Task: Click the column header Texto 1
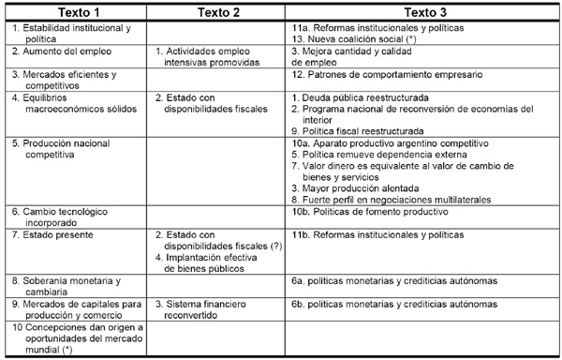pyautogui.click(x=75, y=12)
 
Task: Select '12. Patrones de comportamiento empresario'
pyautogui.click(x=388, y=72)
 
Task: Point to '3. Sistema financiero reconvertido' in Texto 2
pyautogui.click(x=212, y=309)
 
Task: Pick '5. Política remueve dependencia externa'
pyautogui.click(x=375, y=153)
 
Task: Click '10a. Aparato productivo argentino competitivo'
pyautogui.click(x=392, y=142)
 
